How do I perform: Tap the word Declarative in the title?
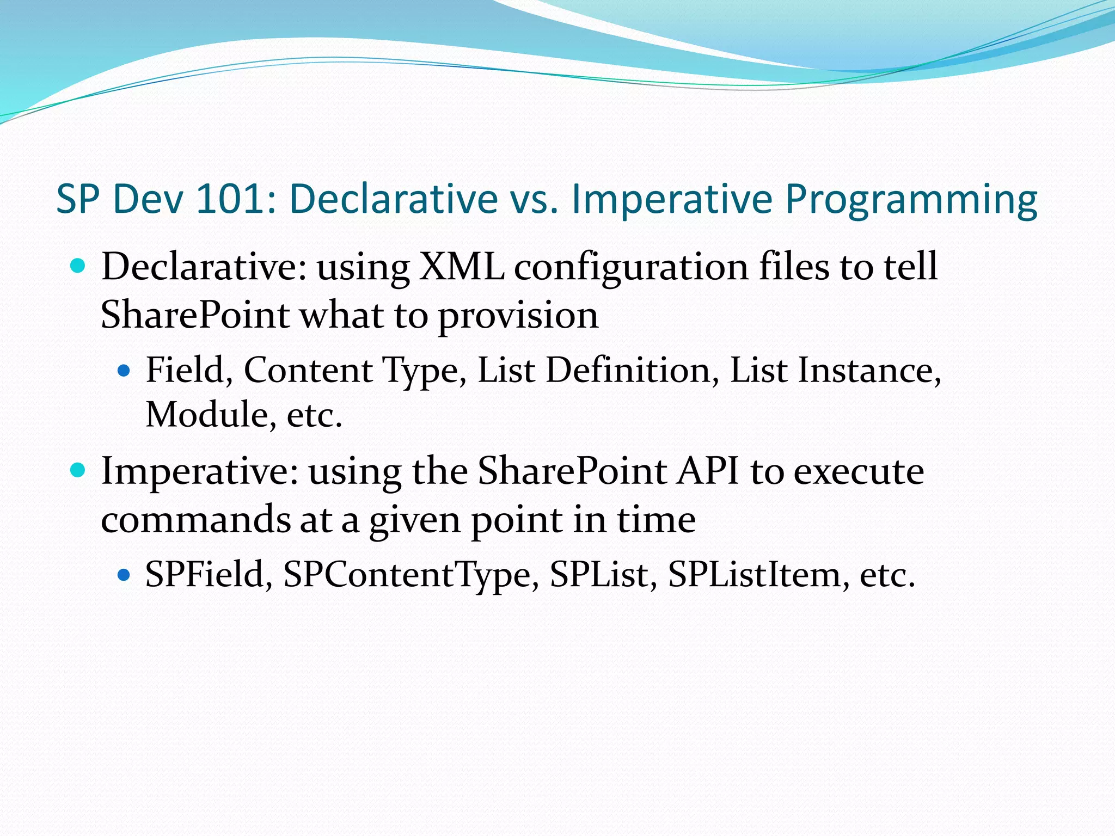coord(393,199)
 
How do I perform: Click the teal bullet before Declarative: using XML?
coord(78,266)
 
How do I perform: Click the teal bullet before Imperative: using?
coord(78,470)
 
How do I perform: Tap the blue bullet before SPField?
coord(125,574)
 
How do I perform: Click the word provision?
coord(518,316)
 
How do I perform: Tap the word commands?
coord(196,520)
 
